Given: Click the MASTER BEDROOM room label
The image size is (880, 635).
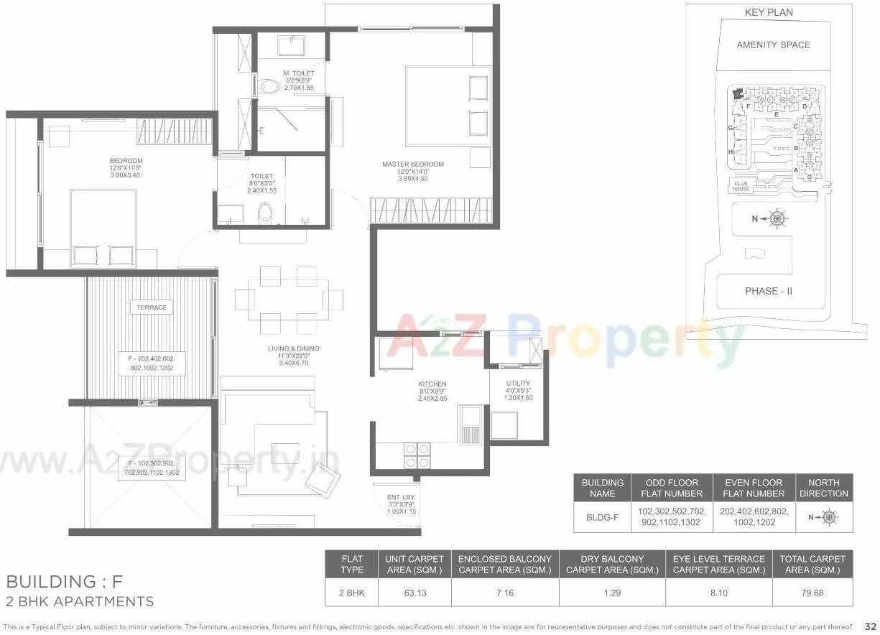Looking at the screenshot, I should (412, 164).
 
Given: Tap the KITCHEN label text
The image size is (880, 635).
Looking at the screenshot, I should (432, 384).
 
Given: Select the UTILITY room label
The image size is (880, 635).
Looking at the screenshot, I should (518, 384).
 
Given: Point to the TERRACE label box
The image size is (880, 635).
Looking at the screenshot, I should (152, 307).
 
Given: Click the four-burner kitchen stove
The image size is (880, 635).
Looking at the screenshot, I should (417, 455).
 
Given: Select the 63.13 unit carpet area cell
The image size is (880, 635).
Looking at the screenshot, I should (414, 593).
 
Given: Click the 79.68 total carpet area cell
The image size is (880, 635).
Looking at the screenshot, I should (812, 593).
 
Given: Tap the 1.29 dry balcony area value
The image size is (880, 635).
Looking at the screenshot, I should (612, 593).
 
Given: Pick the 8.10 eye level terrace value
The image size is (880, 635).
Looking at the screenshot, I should (718, 593).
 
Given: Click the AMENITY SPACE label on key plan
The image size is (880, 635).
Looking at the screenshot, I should (773, 45).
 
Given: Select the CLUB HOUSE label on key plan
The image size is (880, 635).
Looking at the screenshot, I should (742, 186).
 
